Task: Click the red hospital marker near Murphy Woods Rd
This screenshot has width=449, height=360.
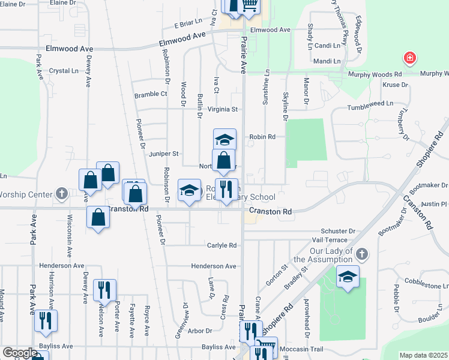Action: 411,58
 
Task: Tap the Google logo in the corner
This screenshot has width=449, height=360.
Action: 20,353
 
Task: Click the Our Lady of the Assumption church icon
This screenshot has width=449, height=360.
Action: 361,254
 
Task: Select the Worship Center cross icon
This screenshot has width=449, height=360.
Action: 61,194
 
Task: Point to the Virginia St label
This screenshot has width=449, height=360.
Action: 223,110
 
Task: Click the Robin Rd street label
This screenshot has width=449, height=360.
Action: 262,137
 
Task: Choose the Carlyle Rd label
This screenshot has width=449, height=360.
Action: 222,245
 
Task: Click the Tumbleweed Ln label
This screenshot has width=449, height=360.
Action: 370,103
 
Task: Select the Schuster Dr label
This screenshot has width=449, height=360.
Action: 338,231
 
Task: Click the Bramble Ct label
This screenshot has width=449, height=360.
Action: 151,94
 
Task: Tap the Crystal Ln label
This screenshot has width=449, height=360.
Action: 64,71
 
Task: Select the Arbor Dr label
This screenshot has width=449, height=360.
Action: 200,331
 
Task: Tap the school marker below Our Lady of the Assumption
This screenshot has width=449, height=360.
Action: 347,277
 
